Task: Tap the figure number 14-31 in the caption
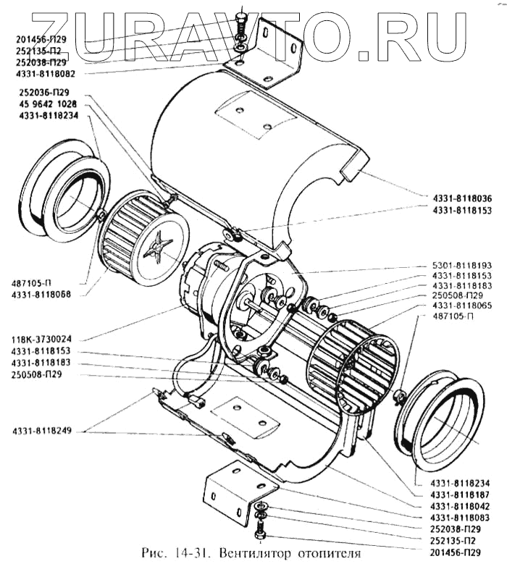point(190,554)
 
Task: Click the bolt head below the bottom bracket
point(261,535)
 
